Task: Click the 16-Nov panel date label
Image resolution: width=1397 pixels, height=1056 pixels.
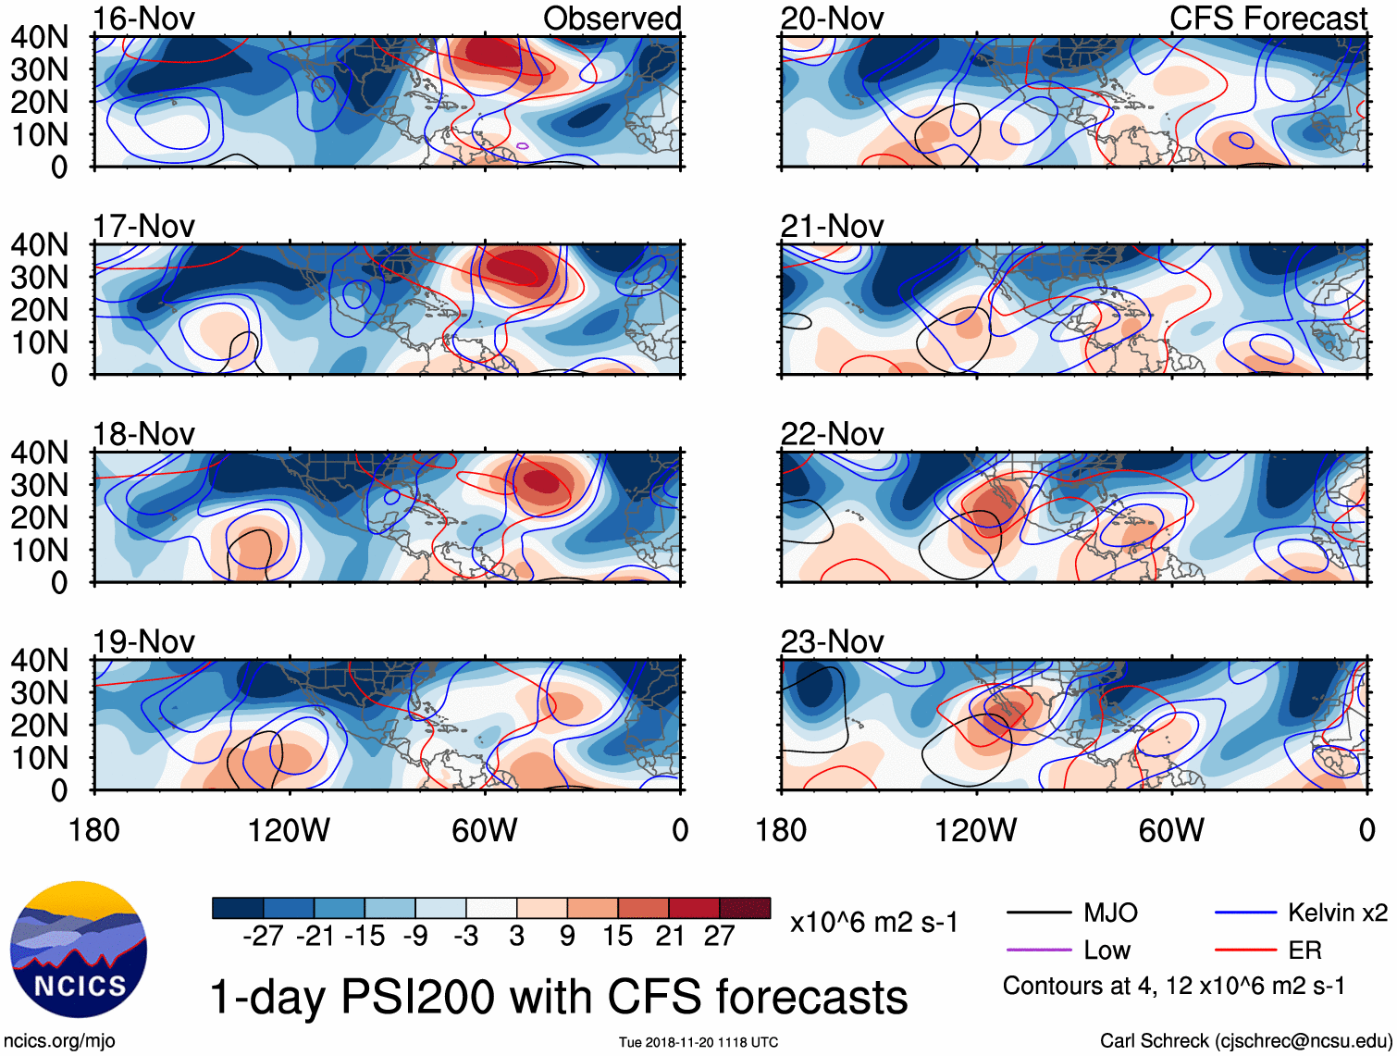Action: coord(143,19)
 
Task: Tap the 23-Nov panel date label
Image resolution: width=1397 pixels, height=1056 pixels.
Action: coord(832,641)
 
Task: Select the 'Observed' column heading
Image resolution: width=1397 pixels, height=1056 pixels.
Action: coord(612,19)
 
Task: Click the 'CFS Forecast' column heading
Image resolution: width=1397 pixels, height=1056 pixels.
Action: coord(1267,19)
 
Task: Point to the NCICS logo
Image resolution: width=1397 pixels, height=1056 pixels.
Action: coord(79,949)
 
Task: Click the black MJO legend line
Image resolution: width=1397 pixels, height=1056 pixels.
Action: coord(1038,913)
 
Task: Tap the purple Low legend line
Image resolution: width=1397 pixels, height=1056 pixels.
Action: coord(1038,950)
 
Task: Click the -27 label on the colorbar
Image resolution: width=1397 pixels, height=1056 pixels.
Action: coord(263,937)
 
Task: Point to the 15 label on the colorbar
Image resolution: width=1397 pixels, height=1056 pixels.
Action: coord(617,937)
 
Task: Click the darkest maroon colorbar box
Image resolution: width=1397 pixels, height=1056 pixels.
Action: coord(745,908)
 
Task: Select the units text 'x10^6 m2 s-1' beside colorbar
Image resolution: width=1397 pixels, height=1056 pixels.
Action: coord(873,923)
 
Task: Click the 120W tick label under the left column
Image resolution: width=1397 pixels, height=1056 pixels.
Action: coord(289,830)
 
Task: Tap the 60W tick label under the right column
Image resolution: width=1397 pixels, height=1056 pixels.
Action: coord(1171,830)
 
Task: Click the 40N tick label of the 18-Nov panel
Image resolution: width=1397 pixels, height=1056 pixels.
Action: coord(40,453)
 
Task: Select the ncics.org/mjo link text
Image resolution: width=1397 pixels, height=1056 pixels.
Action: coord(59,1041)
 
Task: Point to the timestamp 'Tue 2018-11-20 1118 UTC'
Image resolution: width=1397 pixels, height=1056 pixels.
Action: coord(698,1042)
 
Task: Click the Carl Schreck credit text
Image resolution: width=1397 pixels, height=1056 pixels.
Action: coord(1245,1040)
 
